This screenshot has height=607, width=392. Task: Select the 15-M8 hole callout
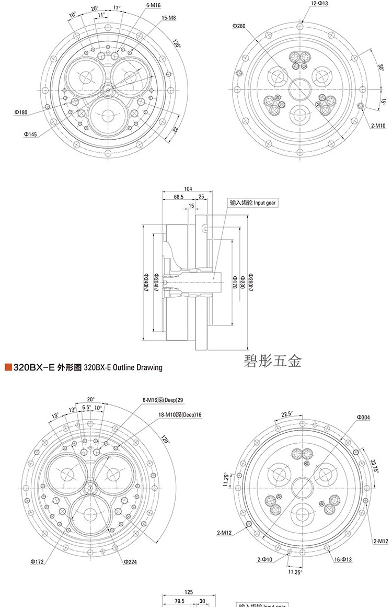click(x=168, y=18)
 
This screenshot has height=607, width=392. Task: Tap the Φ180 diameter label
click(x=21, y=111)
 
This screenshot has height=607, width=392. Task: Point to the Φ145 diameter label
click(x=30, y=134)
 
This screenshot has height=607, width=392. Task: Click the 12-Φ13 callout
click(x=319, y=4)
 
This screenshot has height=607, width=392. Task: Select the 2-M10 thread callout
click(x=378, y=126)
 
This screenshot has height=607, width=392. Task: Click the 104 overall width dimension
click(x=189, y=188)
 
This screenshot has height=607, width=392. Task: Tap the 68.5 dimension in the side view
click(x=179, y=197)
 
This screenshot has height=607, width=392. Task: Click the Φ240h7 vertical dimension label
click(x=145, y=282)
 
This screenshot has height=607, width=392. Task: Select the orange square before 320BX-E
click(x=8, y=367)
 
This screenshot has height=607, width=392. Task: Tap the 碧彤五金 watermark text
click(x=272, y=361)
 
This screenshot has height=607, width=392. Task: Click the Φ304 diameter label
click(x=364, y=417)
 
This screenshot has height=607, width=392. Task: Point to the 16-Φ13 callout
click(x=343, y=559)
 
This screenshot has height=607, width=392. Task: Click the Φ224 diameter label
click(x=130, y=561)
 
